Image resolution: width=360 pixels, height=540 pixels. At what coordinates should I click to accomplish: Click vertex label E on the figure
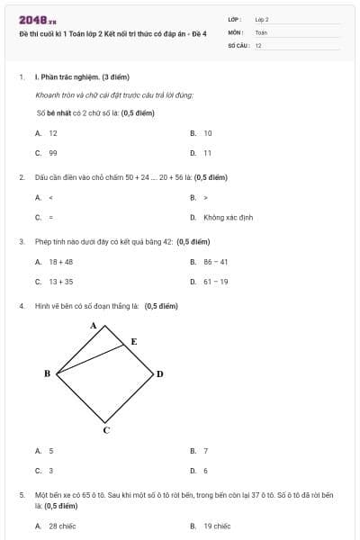134,342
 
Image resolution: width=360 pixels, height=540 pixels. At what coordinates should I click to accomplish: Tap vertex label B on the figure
47,373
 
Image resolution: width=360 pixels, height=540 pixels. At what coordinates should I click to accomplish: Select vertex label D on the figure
160,373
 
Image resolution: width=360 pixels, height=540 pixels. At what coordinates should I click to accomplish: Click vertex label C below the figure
105,430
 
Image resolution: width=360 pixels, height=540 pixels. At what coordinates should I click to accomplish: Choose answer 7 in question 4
206,450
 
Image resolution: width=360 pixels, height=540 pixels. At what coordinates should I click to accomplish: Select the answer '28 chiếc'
62,526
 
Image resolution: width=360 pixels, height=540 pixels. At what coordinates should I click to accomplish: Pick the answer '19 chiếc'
217,526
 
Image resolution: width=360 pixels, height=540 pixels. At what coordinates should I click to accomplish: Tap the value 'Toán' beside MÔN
261,31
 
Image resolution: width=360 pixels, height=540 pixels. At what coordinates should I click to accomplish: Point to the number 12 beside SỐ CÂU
258,45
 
